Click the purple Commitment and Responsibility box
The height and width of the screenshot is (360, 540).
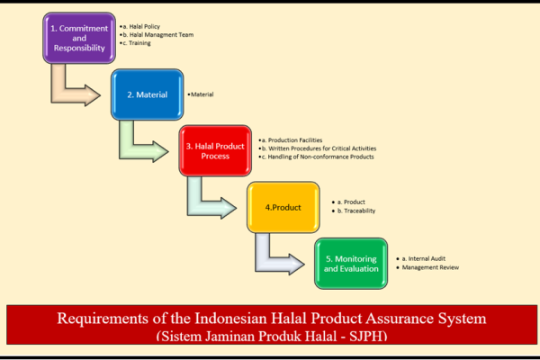(x=79, y=38)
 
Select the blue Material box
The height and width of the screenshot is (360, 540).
(x=147, y=94)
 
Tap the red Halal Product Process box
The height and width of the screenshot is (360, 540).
(x=215, y=151)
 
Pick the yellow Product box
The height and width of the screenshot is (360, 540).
(x=283, y=207)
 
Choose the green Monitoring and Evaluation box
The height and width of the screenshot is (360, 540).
(x=351, y=264)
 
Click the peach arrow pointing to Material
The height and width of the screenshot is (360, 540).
(x=69, y=95)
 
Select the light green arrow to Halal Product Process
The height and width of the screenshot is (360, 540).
(x=137, y=151)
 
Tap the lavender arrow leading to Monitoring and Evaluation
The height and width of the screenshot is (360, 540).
(x=273, y=265)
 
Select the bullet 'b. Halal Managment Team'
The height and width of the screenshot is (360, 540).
(x=157, y=35)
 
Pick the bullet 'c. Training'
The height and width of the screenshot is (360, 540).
(x=135, y=43)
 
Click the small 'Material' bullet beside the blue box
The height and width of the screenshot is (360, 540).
(x=201, y=94)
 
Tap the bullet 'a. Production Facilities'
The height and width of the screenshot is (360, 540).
(x=291, y=140)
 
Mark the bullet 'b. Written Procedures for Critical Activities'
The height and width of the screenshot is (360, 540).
(x=318, y=148)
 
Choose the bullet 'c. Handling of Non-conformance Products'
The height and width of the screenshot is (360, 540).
(x=317, y=157)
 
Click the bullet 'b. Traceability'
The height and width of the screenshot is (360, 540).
(x=354, y=211)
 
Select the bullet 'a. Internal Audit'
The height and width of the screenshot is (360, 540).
(x=421, y=258)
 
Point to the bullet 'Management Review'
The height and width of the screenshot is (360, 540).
(x=427, y=267)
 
